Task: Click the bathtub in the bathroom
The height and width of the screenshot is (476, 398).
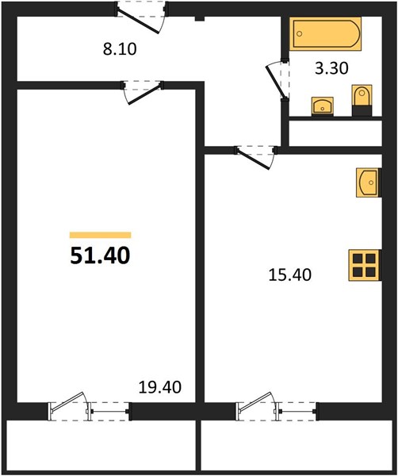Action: [x=325, y=33]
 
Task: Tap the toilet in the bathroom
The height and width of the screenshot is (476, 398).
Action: [x=362, y=100]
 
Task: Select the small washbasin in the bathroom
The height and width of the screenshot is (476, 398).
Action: [x=323, y=106]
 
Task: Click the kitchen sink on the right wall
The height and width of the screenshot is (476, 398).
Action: [x=369, y=182]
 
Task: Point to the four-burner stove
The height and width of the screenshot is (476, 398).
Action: [x=365, y=265]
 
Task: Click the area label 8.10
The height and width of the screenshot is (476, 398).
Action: [x=120, y=49]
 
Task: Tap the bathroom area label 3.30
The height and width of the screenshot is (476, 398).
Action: [x=331, y=68]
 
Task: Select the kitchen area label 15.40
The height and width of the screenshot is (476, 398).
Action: [x=290, y=275]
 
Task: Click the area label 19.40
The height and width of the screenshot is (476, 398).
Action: [x=160, y=387]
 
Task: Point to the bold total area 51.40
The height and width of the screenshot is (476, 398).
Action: [x=100, y=255]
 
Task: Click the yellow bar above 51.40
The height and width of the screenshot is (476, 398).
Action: [x=101, y=235]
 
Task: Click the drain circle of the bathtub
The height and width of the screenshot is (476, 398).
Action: [x=300, y=33]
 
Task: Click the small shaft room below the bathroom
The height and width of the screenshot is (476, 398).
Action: [x=335, y=133]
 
